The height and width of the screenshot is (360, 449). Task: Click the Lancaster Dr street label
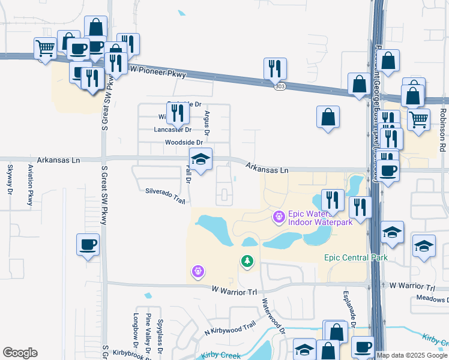[x=172, y=130]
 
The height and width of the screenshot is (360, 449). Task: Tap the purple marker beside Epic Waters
[x=279, y=216]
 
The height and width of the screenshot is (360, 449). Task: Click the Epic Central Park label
[x=355, y=257]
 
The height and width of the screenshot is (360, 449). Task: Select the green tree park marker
[x=246, y=261]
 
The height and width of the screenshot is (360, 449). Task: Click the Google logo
[x=20, y=353]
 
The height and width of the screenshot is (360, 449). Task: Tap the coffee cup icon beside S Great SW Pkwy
[x=88, y=245]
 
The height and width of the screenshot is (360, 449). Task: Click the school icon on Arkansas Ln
[x=200, y=159]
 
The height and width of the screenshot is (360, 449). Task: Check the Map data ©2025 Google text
[x=412, y=355]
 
